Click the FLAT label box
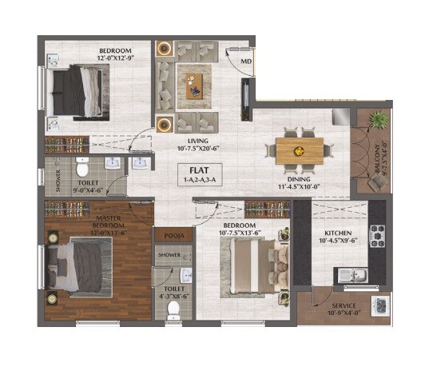194,175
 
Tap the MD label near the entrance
247,60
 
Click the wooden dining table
300,149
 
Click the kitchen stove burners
377,237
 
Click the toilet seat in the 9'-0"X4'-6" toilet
81,169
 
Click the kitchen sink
352,276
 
